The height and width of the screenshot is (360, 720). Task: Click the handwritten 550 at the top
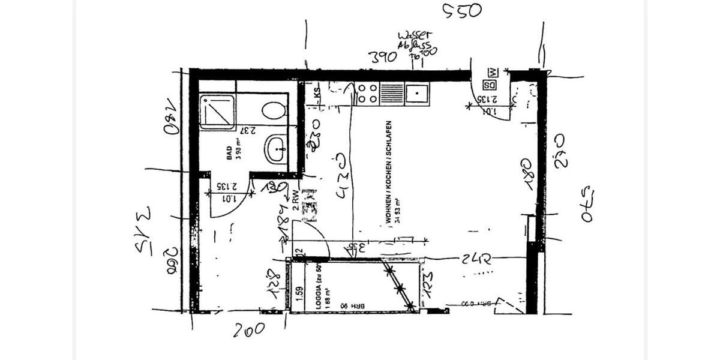pos(462,10)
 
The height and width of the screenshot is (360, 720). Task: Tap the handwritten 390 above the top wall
pos(383,57)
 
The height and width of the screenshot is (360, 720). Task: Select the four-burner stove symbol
pos(367,94)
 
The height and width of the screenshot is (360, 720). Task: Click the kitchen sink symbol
pos(416,94)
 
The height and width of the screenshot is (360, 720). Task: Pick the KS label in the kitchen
pos(316,93)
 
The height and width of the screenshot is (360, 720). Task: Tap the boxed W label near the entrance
pos(492,73)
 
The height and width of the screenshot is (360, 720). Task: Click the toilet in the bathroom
pos(274,110)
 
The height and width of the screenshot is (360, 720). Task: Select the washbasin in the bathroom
pos(277,148)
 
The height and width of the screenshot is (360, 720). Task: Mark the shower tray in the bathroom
pos(217,112)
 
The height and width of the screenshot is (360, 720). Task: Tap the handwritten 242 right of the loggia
pos(478,259)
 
